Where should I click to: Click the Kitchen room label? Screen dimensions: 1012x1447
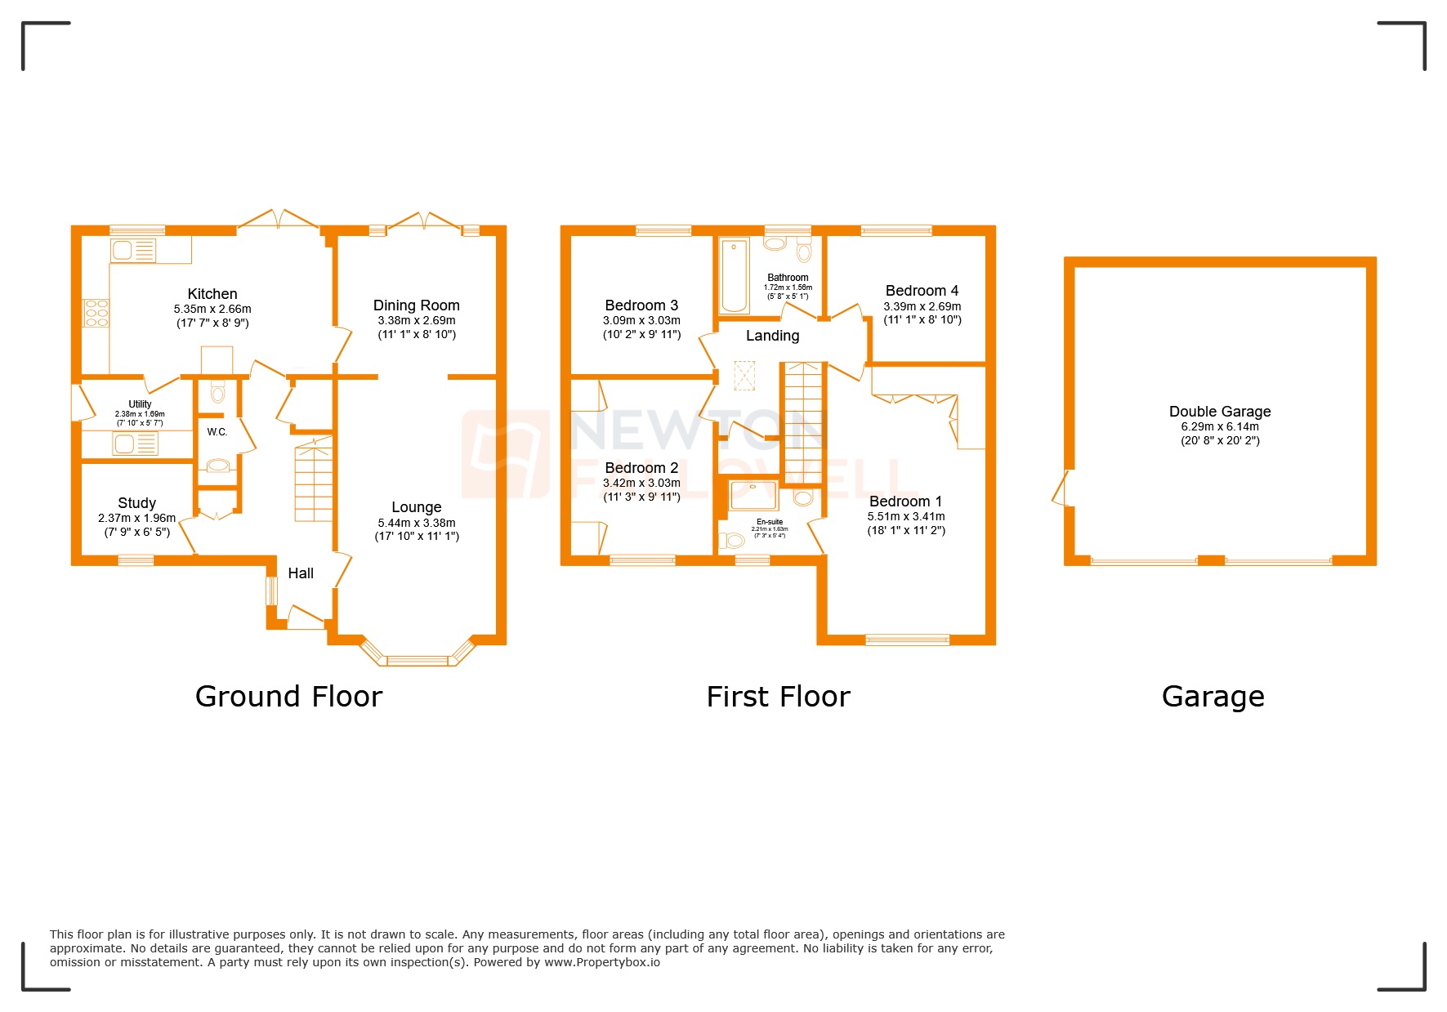point(212,294)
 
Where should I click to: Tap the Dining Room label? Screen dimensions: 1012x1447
point(416,305)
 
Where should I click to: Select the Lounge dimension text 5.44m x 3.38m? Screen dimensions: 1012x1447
point(417,523)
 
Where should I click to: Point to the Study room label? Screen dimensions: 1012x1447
point(136,503)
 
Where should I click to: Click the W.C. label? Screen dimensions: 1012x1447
point(217,432)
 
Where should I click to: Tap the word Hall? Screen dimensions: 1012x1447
point(301,573)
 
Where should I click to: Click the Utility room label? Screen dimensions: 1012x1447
point(140,404)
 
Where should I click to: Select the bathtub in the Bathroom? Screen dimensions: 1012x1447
point(734,275)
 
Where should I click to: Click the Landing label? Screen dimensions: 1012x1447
point(772,336)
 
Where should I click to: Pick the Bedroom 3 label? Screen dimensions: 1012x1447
point(641,305)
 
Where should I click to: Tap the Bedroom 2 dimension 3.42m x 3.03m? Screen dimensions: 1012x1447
point(641,483)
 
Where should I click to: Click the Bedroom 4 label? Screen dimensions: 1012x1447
point(922,291)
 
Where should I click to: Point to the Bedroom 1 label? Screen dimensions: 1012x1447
point(905,502)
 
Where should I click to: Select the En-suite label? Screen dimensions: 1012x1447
point(770,522)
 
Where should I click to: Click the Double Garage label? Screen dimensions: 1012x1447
point(1219,412)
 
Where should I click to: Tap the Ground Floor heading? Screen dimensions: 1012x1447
point(288,697)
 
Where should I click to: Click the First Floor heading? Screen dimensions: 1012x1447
point(778,697)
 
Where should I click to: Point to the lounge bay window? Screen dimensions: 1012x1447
point(417,658)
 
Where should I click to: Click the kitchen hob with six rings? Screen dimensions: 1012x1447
point(96,313)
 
